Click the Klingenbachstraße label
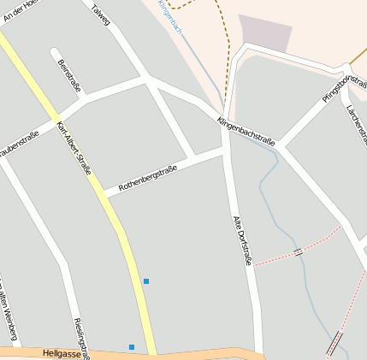point(246,131)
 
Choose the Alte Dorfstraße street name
point(242,239)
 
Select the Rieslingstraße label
point(81,337)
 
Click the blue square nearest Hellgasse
point(132,346)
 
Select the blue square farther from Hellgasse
point(146,280)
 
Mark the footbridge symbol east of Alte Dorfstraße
point(297,251)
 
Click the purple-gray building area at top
point(264,32)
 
